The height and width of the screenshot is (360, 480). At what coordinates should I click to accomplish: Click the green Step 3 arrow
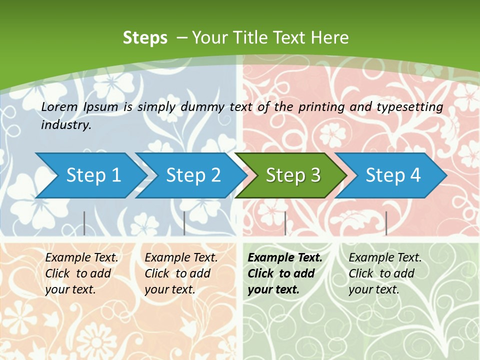(x=292, y=175)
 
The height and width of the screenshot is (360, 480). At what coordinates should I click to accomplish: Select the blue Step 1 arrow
(x=93, y=175)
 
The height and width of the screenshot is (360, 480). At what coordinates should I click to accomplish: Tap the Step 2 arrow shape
(x=193, y=175)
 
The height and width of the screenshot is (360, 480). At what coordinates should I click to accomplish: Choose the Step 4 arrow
(x=392, y=175)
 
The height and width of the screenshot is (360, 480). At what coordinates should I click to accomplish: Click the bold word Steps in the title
(x=145, y=38)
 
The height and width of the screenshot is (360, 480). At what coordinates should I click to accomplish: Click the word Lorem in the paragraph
(x=59, y=106)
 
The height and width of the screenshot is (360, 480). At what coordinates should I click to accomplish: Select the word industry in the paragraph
(x=66, y=125)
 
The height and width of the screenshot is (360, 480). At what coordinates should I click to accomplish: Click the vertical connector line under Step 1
(x=84, y=223)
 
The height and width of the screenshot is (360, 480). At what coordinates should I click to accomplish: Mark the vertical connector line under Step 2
(x=184, y=223)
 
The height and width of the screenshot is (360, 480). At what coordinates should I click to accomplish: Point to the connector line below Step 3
(x=285, y=223)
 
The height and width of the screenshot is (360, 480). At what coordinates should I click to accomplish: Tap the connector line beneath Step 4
(x=386, y=223)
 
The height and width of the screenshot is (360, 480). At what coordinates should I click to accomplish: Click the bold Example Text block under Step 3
(x=284, y=273)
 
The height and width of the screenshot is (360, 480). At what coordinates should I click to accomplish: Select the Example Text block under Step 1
(x=81, y=273)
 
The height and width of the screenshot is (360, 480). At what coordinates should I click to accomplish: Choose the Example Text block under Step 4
(x=384, y=273)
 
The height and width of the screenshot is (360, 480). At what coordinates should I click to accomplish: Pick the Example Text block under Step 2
(x=181, y=273)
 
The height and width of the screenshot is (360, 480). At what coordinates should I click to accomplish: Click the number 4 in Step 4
(x=415, y=175)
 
